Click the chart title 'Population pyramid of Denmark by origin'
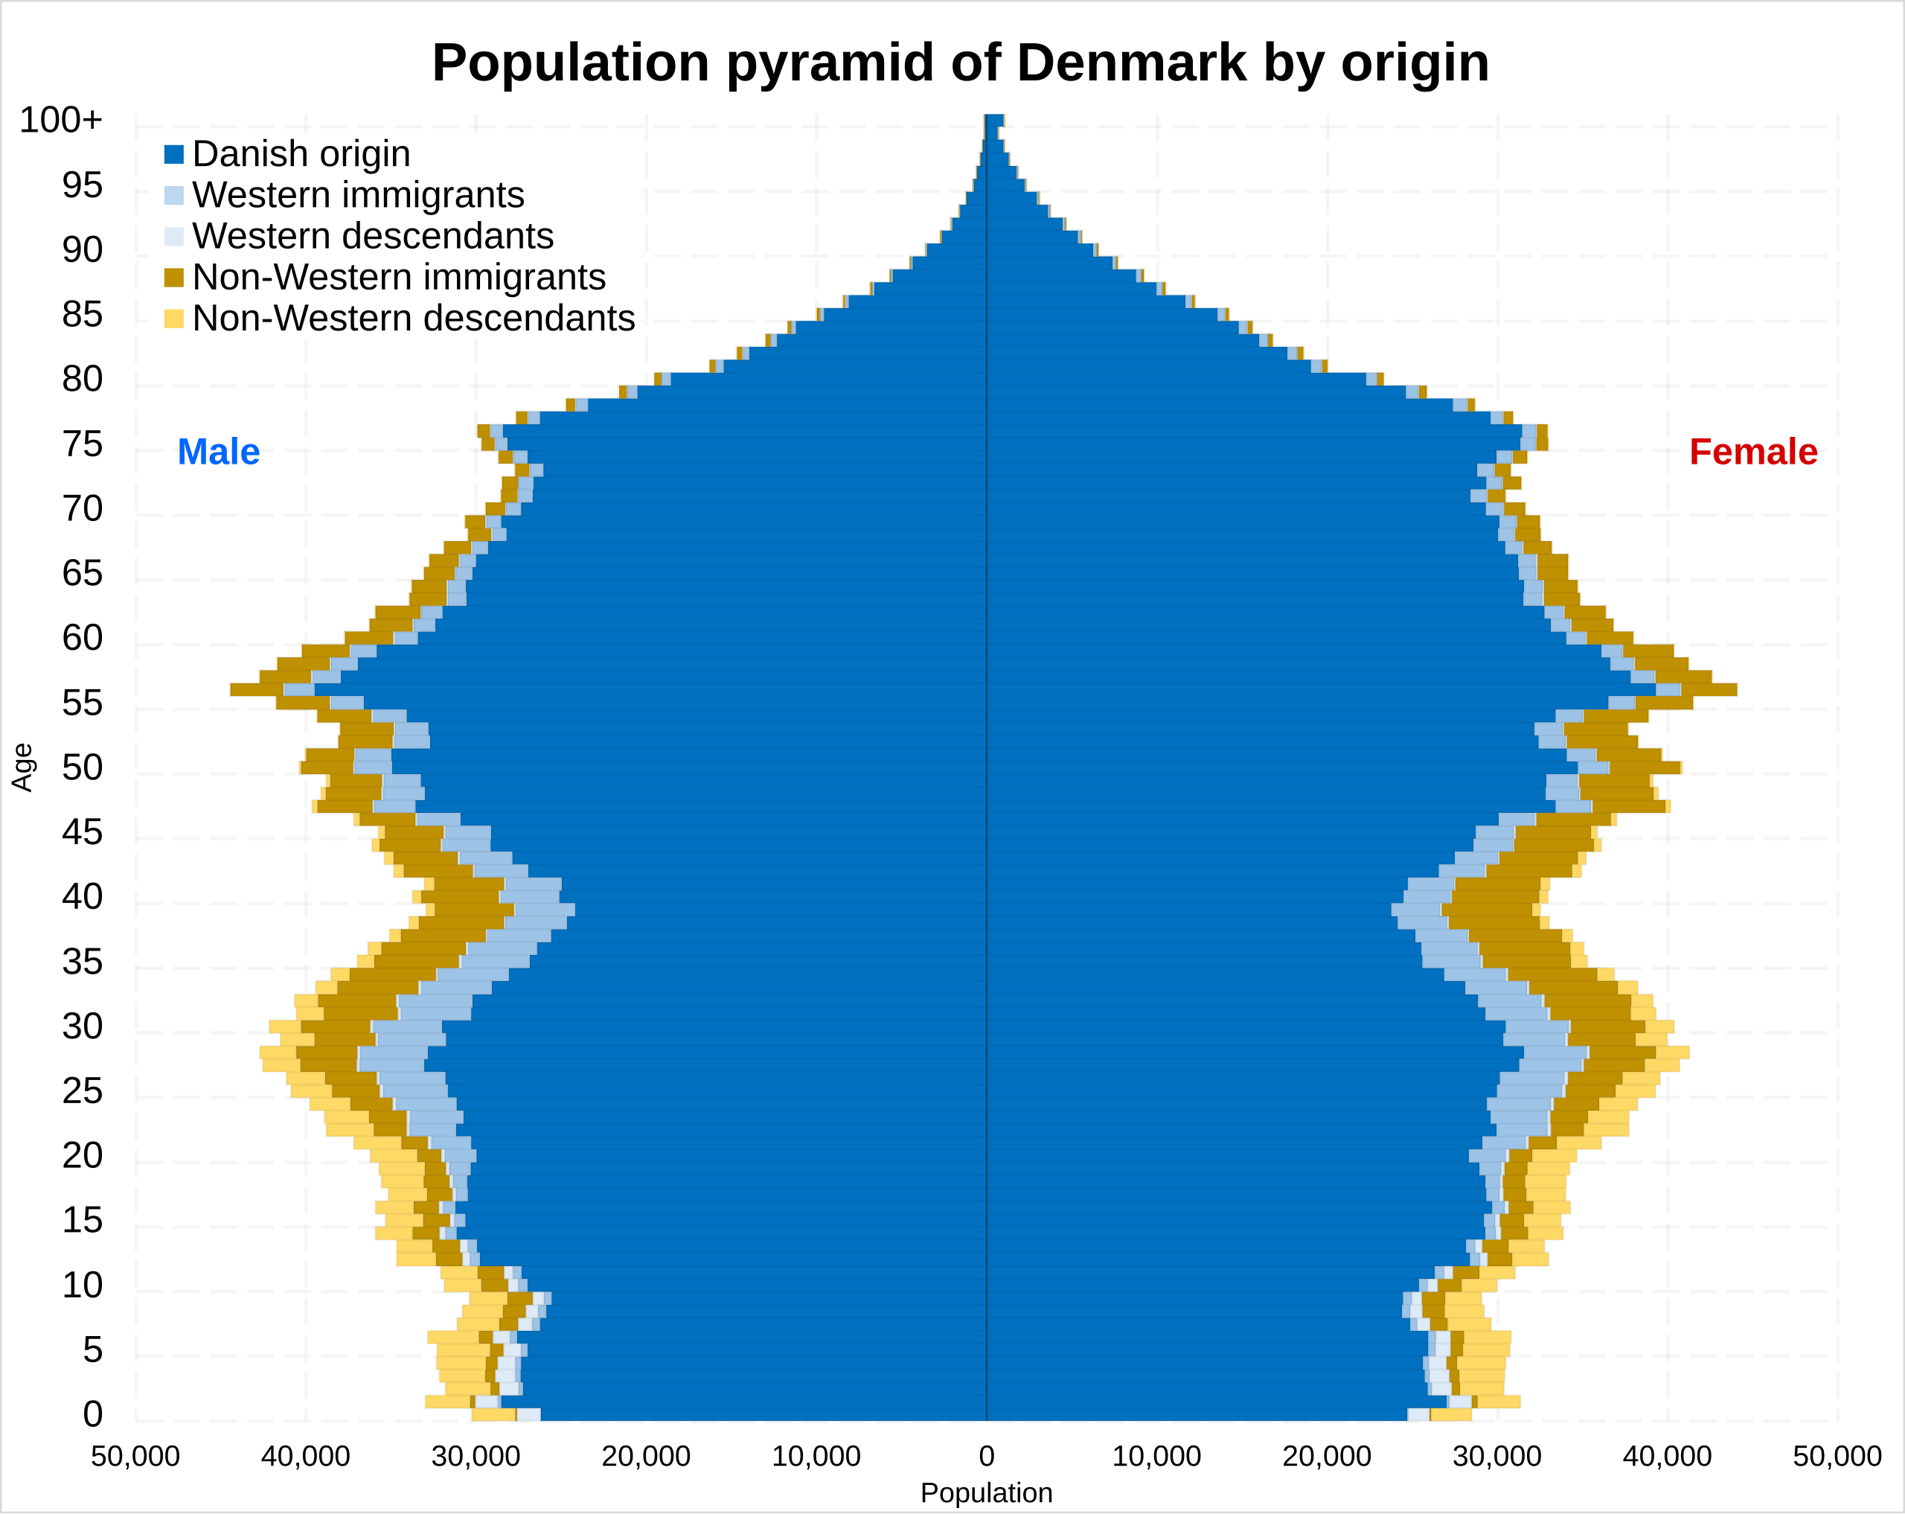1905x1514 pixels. [x=961, y=63]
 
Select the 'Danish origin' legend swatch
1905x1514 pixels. [x=173, y=155]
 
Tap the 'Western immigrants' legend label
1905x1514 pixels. [x=358, y=195]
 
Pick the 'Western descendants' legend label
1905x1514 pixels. [x=372, y=236]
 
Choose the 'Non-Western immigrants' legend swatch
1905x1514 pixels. [x=173, y=278]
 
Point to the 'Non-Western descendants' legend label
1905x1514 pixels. [x=413, y=318]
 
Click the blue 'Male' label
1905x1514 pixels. [x=218, y=452]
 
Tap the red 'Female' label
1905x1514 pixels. [x=1753, y=452]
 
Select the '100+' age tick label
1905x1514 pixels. [x=61, y=120]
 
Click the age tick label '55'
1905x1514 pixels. [x=82, y=703]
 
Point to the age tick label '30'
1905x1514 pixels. [x=82, y=1027]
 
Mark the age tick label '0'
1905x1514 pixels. [x=93, y=1414]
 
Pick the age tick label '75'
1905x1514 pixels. [x=82, y=444]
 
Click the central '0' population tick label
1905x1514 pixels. [x=986, y=1457]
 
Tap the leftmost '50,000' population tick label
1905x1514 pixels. [x=135, y=1457]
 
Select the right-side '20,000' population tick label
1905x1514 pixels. [x=1326, y=1457]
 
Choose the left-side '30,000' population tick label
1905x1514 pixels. [x=476, y=1457]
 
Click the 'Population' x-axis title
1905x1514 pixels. [x=986, y=1494]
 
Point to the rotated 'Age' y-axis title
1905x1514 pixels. [x=22, y=767]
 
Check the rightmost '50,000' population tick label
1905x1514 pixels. [x=1837, y=1457]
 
